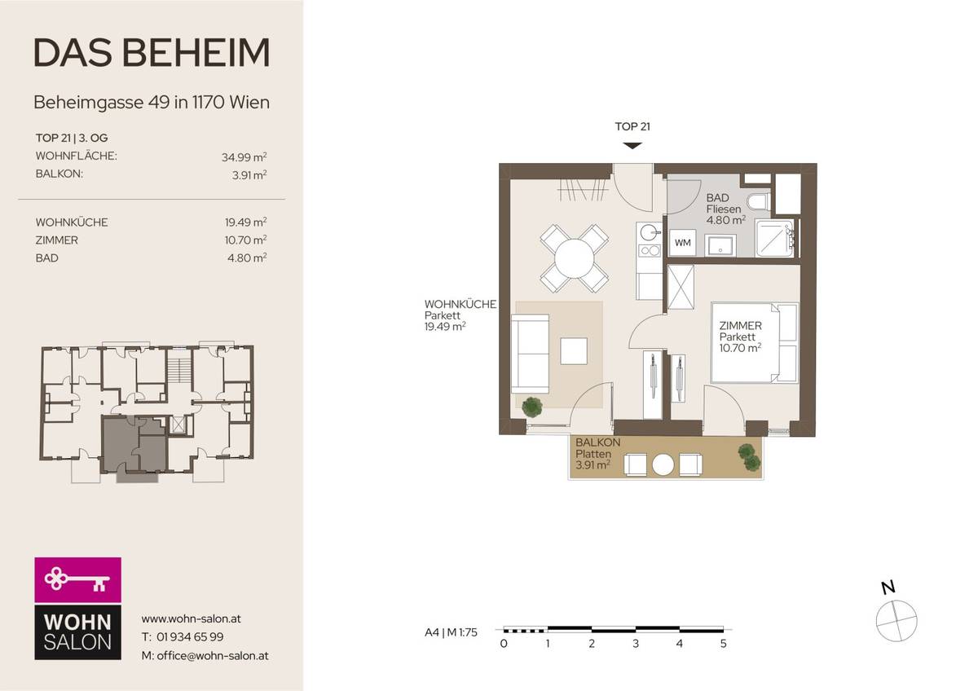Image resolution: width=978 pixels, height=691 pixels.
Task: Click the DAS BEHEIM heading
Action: (x=152, y=53)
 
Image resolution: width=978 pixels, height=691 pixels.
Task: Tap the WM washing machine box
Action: (x=681, y=242)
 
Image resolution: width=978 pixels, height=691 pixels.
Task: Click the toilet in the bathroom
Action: (x=757, y=202)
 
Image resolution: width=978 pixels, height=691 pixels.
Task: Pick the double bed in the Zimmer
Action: (x=755, y=342)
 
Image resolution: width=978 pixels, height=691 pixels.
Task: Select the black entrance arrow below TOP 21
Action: (x=632, y=145)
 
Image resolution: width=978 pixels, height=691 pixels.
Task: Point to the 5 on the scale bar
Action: (x=723, y=644)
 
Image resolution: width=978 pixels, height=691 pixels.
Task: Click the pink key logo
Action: (x=77, y=580)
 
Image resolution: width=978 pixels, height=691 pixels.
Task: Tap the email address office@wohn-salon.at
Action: (x=205, y=655)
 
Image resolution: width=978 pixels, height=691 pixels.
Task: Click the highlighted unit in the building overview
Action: (x=133, y=444)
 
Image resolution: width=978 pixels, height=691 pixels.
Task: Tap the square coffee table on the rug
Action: (x=574, y=351)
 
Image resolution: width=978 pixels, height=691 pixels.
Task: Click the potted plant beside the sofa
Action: (x=532, y=406)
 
